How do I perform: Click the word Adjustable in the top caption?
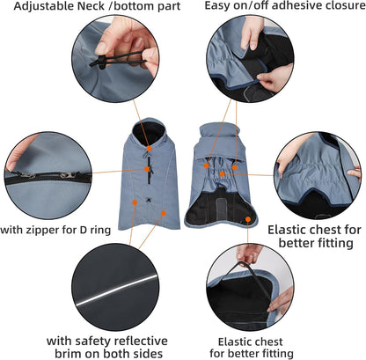41,7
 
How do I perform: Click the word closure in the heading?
340,7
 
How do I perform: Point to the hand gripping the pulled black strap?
250,253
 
